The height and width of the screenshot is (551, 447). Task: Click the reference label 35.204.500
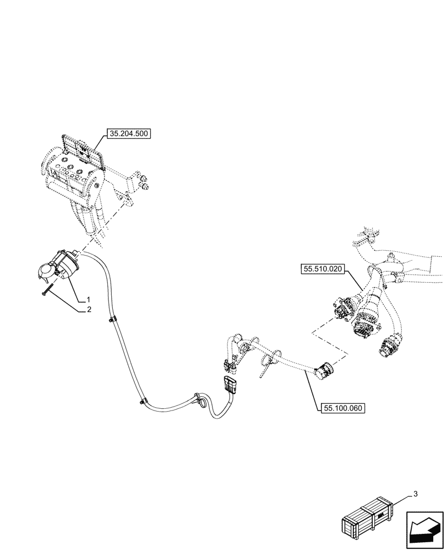coord(129,133)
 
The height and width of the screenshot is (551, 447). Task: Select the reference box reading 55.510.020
coord(323,269)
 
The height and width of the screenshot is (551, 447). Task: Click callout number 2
coord(88,310)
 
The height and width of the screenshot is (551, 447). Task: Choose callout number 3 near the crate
coord(415,494)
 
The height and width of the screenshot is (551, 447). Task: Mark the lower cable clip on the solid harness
coord(143,401)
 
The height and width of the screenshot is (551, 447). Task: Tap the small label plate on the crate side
coord(381,517)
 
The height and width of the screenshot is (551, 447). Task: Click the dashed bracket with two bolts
coord(135,185)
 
